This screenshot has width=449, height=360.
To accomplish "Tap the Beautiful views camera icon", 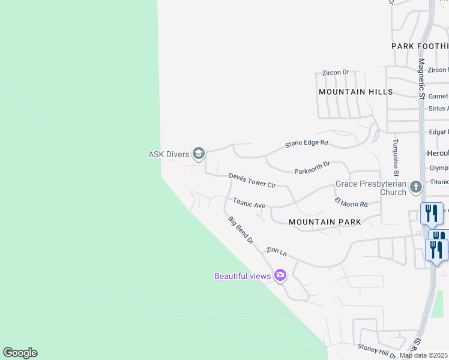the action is click(x=280, y=275).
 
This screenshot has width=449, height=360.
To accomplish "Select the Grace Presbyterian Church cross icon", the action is click(x=415, y=188).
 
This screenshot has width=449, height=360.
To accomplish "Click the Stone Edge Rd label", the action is click(x=307, y=143).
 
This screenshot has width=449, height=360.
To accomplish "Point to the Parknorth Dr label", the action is click(x=312, y=167).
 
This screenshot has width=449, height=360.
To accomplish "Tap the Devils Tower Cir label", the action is click(x=252, y=181).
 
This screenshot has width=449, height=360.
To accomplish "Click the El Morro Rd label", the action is click(x=351, y=203).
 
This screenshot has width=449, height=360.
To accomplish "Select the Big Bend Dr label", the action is click(x=241, y=230).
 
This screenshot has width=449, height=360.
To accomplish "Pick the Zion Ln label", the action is click(x=277, y=251).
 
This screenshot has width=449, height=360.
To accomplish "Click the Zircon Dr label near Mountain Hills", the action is click(x=336, y=73).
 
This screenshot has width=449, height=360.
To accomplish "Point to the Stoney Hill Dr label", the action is click(x=377, y=349).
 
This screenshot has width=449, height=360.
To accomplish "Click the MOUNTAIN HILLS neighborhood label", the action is click(x=355, y=92).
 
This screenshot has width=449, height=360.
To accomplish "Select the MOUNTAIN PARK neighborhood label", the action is click(x=325, y=222).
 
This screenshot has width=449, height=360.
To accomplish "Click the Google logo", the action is click(x=20, y=353).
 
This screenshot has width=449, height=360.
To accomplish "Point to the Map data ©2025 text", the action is click(x=424, y=355).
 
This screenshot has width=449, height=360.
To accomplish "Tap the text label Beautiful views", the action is click(x=243, y=276).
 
